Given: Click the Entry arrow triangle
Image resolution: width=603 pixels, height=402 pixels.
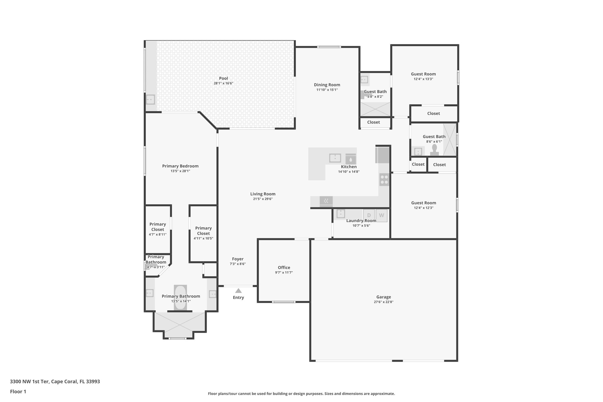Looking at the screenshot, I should click(238, 291).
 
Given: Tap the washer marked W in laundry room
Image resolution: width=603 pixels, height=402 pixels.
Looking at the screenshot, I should click(382, 215).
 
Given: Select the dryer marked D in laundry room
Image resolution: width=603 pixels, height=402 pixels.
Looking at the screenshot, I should click(369, 215).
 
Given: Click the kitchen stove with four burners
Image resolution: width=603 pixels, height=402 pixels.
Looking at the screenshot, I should click(384, 180).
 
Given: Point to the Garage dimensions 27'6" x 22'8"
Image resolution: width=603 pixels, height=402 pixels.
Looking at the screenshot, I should click(383, 302).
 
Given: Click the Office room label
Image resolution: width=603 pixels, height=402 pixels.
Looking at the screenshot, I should click(284, 267).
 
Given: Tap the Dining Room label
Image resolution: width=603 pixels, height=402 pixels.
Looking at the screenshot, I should click(327, 85).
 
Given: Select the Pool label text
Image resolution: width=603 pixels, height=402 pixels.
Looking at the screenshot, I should click(223, 78).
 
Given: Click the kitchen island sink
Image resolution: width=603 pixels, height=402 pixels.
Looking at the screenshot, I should click(335, 158).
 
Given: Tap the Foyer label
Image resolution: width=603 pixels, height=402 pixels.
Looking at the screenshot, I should click(238, 259).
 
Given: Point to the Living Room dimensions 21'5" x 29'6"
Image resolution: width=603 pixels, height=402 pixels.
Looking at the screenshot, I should click(263, 199).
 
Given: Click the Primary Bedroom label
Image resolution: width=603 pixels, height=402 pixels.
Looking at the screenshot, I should click(180, 166).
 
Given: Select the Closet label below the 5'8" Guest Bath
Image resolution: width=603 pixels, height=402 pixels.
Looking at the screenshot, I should click(373, 122).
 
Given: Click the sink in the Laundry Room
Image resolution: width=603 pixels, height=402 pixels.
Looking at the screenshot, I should click(341, 214).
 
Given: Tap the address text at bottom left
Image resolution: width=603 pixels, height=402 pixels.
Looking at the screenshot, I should click(55, 382).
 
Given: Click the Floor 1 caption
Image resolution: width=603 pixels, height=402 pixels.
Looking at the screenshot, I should click(18, 392).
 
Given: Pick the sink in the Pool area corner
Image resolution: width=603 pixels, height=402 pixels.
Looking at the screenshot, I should click(150, 100).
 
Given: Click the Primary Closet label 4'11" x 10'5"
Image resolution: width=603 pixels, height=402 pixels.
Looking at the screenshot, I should click(203, 231).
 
